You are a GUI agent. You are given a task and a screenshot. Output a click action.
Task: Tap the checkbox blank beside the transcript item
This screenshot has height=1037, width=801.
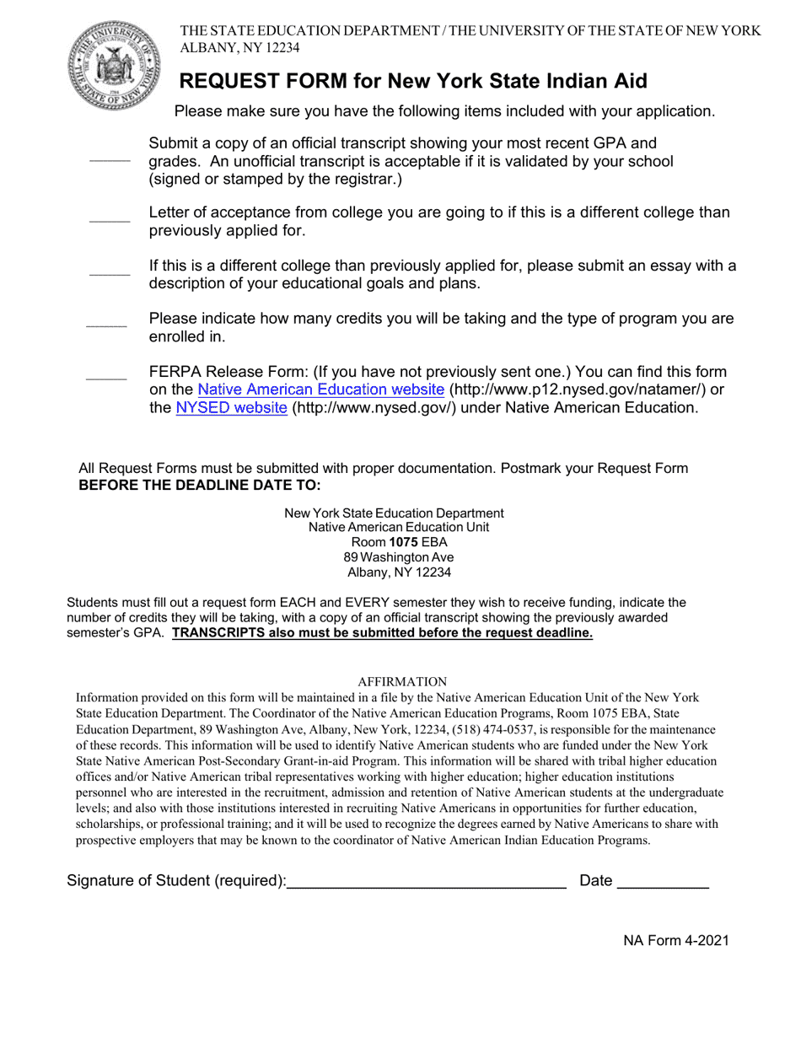point(110,159)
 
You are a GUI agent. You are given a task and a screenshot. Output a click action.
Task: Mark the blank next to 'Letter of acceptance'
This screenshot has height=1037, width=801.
point(110,221)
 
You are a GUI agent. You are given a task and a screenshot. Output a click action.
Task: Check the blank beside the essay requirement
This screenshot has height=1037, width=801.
point(110,274)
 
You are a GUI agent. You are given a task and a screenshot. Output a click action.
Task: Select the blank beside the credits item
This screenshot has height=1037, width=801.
point(106,325)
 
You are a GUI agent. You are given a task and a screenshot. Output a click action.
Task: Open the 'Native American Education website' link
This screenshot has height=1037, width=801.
point(320,390)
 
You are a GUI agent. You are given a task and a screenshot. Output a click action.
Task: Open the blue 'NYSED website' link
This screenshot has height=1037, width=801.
point(231,408)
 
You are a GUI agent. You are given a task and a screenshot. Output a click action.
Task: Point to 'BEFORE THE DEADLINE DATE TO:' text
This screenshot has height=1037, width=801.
point(200,485)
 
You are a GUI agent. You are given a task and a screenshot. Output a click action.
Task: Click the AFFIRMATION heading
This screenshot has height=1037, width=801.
point(402,681)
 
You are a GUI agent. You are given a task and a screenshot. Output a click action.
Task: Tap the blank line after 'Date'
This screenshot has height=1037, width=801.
point(663,883)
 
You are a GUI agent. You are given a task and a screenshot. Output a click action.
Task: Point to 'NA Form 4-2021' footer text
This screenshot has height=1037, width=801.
point(676,941)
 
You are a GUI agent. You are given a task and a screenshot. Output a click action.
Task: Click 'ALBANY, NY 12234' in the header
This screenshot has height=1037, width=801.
point(239,48)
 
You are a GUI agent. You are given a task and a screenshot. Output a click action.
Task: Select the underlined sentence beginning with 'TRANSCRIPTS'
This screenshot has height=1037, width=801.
point(382,633)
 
